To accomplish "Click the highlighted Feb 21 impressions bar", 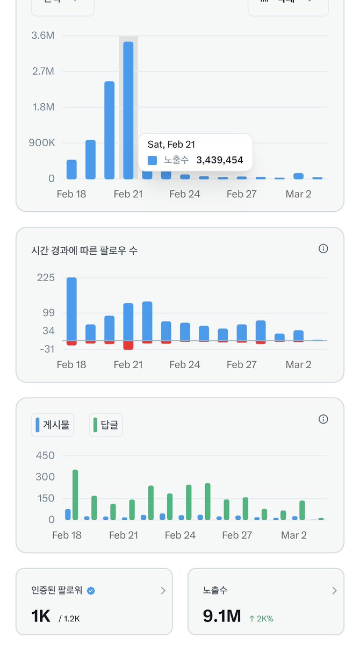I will click(128, 110).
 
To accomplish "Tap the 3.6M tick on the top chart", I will click(44, 35).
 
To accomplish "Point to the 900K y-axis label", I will click(42, 143).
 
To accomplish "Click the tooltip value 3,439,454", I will click(219, 160).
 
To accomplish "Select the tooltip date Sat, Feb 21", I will click(171, 144).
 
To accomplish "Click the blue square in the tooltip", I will click(153, 160).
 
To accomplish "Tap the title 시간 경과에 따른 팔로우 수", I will click(84, 250).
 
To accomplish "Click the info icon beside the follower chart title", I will click(323, 248).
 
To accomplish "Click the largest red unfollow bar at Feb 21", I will click(128, 345).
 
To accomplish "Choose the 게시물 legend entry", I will click(53, 425).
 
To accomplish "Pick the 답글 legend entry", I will click(106, 425).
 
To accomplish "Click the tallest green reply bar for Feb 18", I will click(75, 494).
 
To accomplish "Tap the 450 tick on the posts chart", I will click(45, 455).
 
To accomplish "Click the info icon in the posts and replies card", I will click(323, 419).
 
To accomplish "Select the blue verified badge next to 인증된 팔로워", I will click(91, 591).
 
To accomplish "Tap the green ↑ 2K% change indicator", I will click(261, 619).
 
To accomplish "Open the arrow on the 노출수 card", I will click(334, 591).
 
